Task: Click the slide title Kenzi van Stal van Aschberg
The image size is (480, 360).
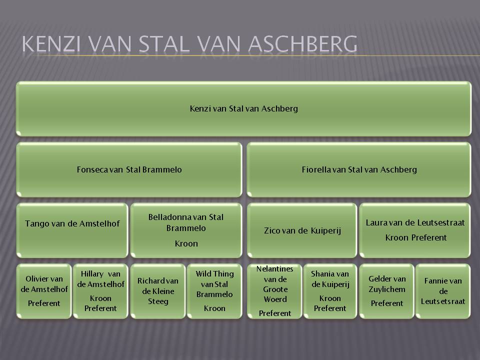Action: tap(189, 44)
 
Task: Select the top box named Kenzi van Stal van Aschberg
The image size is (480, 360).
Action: tap(243, 108)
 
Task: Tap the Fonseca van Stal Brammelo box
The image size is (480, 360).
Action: tap(129, 169)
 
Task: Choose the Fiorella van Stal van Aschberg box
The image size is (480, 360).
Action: tap(359, 169)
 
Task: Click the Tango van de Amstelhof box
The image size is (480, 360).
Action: tap(72, 230)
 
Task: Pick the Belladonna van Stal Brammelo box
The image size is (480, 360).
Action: tap(186, 230)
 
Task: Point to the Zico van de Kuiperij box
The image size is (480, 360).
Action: tap(302, 230)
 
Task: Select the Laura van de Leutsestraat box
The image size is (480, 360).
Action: tap(415, 230)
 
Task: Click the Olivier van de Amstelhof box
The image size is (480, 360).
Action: tap(44, 291)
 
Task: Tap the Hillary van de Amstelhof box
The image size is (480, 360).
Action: tap(100, 291)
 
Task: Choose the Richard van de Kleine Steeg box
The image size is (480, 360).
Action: tap(158, 291)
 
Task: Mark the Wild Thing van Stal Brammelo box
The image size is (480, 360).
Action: tap(214, 291)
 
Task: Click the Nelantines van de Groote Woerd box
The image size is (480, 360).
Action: tap(274, 291)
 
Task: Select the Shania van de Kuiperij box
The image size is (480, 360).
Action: tap(330, 291)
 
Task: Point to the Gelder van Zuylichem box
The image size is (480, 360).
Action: tap(387, 291)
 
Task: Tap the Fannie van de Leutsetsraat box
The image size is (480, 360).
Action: tap(443, 291)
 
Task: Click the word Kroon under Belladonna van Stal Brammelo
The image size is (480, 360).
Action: tap(186, 243)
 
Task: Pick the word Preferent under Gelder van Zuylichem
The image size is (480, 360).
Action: tap(387, 303)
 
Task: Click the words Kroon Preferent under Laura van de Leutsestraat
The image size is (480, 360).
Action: tap(415, 237)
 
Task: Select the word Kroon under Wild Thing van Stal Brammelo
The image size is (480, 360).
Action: tap(214, 308)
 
